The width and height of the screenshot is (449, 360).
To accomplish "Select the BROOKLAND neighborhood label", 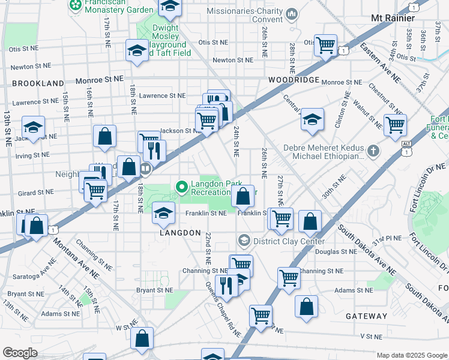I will click(x=37, y=83).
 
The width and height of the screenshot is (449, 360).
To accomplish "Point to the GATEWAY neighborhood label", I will click(x=366, y=316).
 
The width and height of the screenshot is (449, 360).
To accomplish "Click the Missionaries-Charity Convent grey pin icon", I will click(x=292, y=13).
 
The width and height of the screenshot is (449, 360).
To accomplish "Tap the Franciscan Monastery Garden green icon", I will click(x=76, y=6).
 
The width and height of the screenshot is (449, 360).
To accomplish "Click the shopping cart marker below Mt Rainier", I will click(x=325, y=44).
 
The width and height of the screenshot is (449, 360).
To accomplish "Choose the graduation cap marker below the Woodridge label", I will click(x=312, y=119).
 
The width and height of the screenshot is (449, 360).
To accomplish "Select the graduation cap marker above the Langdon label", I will click(x=163, y=212).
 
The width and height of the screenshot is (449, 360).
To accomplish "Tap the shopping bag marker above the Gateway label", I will click(x=306, y=305).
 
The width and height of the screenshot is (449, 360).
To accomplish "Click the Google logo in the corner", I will click(x=20, y=353).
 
